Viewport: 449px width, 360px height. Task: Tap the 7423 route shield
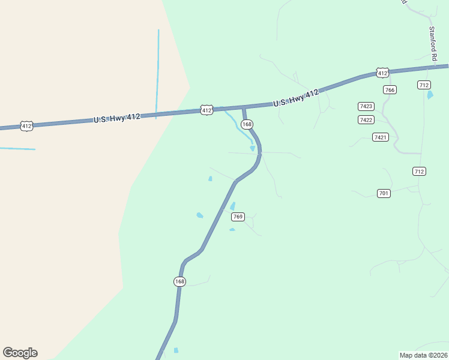pyautogui.click(x=366, y=106)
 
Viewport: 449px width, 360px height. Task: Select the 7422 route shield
pyautogui.click(x=366, y=120)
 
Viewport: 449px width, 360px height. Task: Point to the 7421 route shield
pyautogui.click(x=380, y=137)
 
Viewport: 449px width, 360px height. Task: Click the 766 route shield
pyautogui.click(x=390, y=90)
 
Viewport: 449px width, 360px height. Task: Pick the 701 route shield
pyautogui.click(x=384, y=193)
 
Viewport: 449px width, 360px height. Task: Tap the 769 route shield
pyautogui.click(x=238, y=217)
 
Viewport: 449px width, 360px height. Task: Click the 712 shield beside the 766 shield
pyautogui.click(x=424, y=85)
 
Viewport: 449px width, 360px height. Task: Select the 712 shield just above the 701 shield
pyautogui.click(x=419, y=172)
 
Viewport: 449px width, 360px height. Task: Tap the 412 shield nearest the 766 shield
pyautogui.click(x=382, y=73)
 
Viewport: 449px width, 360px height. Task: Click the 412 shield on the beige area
pyautogui.click(x=26, y=126)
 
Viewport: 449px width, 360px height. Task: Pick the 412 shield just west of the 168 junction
pyautogui.click(x=206, y=110)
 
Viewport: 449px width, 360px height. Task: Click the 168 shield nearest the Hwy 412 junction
pyautogui.click(x=247, y=124)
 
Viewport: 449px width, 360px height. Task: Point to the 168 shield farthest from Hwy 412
pyautogui.click(x=180, y=281)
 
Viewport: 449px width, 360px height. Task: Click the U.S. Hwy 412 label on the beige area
pyautogui.click(x=116, y=118)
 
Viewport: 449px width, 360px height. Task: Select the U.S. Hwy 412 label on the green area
pyautogui.click(x=296, y=98)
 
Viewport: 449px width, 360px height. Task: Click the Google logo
pyautogui.click(x=20, y=353)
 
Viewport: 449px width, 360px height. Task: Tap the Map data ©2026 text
pyautogui.click(x=423, y=355)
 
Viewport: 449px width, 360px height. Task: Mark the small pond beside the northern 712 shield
pyautogui.click(x=430, y=95)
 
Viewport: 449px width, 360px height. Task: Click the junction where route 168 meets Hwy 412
pyautogui.click(x=244, y=107)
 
